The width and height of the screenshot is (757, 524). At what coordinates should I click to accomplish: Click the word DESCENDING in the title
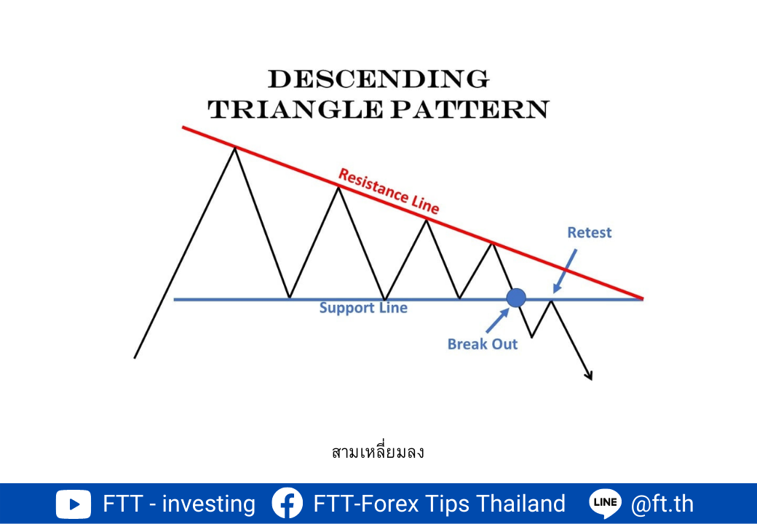[x=378, y=79]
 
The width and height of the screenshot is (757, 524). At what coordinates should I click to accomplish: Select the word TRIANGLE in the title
[x=296, y=109]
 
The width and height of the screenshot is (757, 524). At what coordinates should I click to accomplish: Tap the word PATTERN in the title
[x=469, y=109]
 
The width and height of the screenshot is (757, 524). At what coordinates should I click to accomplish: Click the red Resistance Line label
[x=389, y=191]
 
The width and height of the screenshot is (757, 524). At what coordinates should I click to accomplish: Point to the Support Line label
[x=363, y=308]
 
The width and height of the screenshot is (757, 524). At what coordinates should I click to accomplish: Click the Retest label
[x=590, y=233]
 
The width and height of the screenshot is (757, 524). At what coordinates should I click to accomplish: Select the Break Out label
[x=483, y=344]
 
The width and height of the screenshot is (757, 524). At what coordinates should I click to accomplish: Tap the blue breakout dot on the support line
[x=516, y=298]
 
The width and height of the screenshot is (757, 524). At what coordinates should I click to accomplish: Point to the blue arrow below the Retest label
[x=565, y=271]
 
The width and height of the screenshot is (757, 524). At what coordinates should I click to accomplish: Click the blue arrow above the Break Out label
[x=498, y=320]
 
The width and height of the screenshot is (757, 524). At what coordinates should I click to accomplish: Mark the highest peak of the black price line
[x=235, y=148]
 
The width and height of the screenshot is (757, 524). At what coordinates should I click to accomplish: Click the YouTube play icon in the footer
[x=73, y=504]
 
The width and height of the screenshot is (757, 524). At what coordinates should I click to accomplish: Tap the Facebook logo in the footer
[x=288, y=503]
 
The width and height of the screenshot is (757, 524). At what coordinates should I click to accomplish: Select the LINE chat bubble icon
[x=605, y=503]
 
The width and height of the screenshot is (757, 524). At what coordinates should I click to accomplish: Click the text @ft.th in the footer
[x=662, y=504]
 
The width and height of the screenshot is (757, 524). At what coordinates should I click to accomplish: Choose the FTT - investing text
[x=179, y=504]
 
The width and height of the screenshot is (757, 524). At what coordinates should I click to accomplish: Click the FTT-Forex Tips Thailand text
[x=440, y=504]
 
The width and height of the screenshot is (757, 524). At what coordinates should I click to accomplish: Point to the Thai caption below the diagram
[x=378, y=452]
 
